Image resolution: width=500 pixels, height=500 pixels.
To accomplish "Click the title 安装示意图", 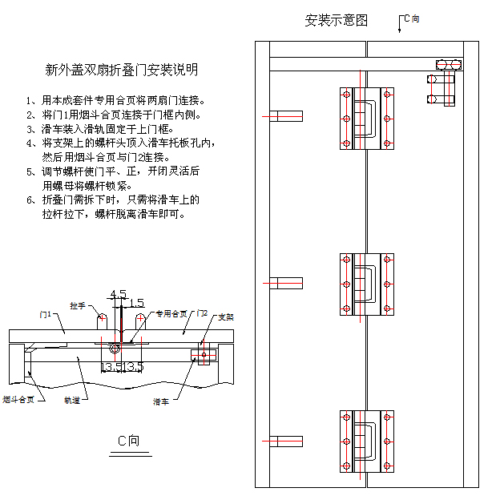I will pos(336,21).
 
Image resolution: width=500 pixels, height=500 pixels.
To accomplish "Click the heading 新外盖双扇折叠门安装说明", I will pos(122,71).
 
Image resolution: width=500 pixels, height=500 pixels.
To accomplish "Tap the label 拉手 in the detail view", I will pos(78,305).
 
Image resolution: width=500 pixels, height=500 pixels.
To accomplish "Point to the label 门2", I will pos(203,312).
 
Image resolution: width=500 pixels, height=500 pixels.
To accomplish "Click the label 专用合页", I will pos(171,313).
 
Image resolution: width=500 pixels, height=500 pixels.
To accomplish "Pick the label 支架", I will pos(226,317).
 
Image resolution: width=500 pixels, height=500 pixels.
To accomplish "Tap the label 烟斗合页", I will pos(18,398).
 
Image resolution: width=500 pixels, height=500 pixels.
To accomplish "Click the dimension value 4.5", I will pos(118,294).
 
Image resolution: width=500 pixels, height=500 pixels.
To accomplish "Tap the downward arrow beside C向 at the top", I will pos(399,26).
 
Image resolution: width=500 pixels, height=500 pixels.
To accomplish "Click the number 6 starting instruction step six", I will pos(29,200).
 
